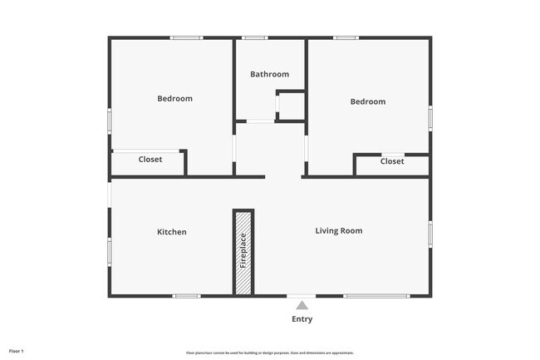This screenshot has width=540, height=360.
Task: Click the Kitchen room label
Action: click(172, 232)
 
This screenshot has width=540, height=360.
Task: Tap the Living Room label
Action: click(338, 230)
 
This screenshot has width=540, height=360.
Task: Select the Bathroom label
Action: click(270, 74)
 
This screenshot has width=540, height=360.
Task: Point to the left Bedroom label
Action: click(174, 98)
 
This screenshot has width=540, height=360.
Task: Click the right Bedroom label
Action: click(367, 101)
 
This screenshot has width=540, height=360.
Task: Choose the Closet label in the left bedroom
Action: click(150, 160)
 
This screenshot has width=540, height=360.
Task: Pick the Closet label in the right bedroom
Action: click(392, 161)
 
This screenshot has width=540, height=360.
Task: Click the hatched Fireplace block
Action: click(243, 252)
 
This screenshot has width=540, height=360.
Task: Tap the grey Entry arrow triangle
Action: click(302, 305)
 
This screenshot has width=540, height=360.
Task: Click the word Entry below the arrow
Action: click(302, 319)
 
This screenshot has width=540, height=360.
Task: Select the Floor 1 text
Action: click(17, 352)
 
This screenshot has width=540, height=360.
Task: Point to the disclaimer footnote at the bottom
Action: click(269, 353)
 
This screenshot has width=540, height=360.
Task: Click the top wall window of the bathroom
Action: click(255, 37)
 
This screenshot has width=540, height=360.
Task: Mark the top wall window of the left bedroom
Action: click(187, 37)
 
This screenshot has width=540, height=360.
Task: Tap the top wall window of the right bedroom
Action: click(346, 37)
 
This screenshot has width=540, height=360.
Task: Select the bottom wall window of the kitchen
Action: click(186, 296)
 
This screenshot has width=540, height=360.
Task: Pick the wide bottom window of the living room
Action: click(376, 296)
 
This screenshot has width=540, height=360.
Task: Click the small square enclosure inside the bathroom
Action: click(291, 107)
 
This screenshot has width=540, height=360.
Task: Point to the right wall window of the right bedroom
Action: click(430, 116)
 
